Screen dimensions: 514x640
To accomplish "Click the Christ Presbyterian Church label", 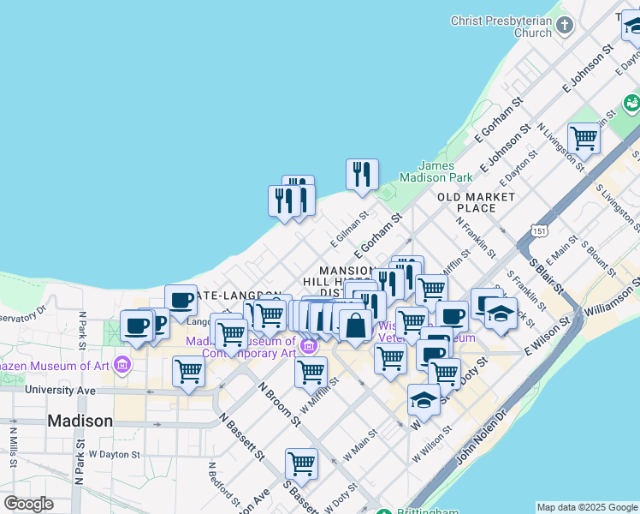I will (502, 27).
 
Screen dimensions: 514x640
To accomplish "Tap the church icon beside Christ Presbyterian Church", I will (564, 26).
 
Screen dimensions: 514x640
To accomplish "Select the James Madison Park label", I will (446, 171).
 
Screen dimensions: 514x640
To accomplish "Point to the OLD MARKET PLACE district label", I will (477, 202).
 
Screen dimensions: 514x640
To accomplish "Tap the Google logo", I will (28, 504).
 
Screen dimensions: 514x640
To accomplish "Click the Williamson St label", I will (610, 293).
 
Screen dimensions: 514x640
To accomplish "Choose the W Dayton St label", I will (115, 453).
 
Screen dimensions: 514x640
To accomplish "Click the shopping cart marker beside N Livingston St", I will (584, 136).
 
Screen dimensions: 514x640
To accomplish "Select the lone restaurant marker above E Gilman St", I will (363, 174).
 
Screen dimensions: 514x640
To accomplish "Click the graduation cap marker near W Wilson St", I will (424, 399).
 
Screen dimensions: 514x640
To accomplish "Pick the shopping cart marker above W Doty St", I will (302, 463).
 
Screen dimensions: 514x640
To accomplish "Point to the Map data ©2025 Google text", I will (587, 507).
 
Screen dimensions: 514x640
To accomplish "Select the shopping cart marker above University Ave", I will (188, 372).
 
